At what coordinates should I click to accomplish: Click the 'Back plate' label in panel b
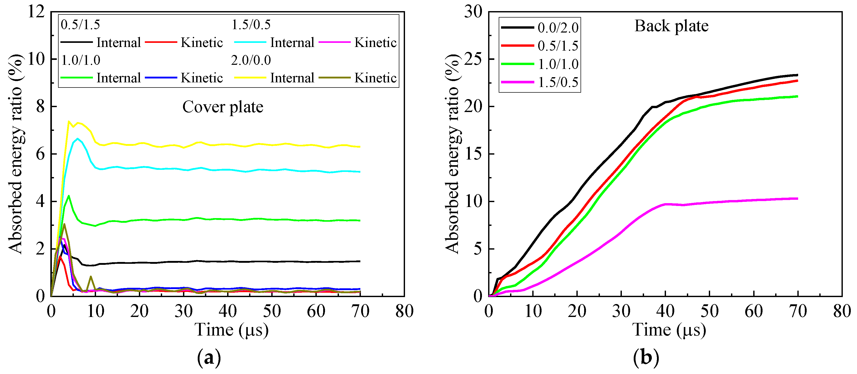coord(671,26)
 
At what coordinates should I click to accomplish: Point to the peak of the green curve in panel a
coord(68,196)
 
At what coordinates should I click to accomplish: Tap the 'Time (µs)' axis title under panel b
coord(669,330)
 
